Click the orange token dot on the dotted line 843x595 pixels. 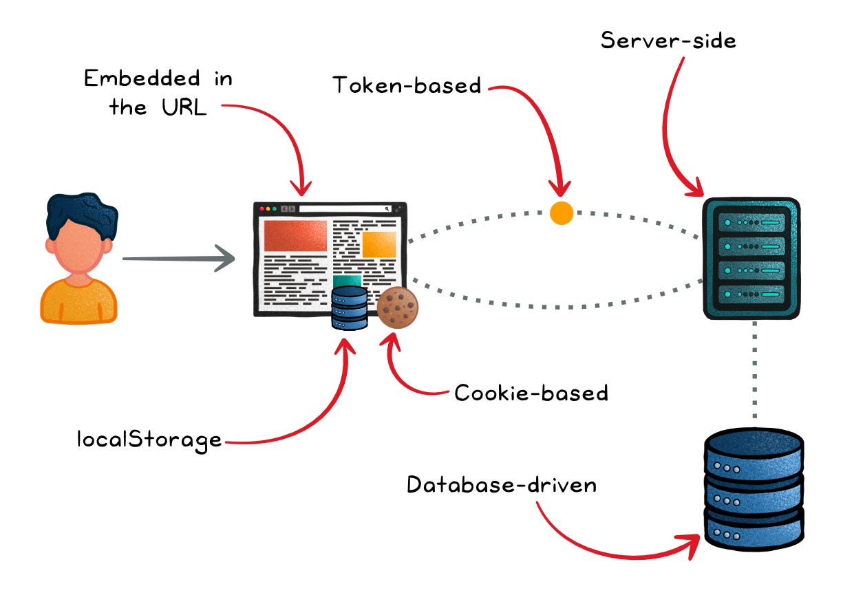562,213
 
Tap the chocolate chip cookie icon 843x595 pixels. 397,307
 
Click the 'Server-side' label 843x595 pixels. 668,40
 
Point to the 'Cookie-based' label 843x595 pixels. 531,393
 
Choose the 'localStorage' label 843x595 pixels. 149,439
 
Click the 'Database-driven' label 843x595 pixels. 501,485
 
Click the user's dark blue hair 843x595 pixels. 81,210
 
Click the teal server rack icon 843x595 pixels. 751,259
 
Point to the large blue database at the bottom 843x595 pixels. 754,488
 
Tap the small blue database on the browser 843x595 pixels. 350,308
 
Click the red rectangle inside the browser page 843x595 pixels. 295,236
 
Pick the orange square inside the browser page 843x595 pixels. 379,244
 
